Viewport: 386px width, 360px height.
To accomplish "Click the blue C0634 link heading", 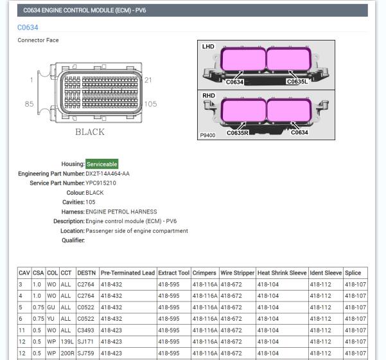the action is point(28,28).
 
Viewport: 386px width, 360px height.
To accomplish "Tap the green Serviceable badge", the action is point(102,164).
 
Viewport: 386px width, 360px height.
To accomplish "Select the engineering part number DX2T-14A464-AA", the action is point(107,174).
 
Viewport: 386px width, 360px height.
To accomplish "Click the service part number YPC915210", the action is point(101,183).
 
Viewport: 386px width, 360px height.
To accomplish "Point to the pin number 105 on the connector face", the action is point(150,104).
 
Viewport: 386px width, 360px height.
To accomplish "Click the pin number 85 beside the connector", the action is point(29,104).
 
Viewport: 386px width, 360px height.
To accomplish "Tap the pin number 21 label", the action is point(148,80).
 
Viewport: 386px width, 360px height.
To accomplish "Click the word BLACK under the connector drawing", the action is point(90,132).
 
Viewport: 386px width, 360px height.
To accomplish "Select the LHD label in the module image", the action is point(208,46).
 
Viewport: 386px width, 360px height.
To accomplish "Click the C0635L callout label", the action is point(297,82).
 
